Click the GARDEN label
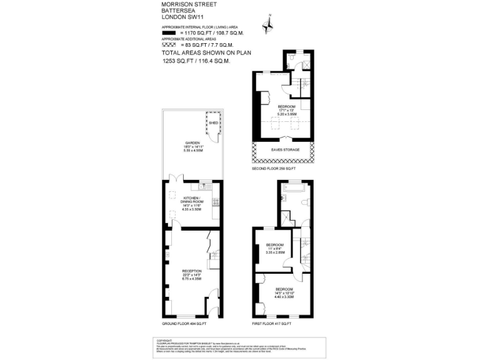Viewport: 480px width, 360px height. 191,143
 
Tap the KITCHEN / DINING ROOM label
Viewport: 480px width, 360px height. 191,201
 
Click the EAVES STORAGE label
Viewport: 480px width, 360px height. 285,150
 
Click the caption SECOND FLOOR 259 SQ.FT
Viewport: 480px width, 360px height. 272,169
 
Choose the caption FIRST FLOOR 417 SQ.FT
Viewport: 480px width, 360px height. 271,324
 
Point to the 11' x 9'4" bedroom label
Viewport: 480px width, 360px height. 275,244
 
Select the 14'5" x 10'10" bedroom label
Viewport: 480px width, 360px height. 283,289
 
